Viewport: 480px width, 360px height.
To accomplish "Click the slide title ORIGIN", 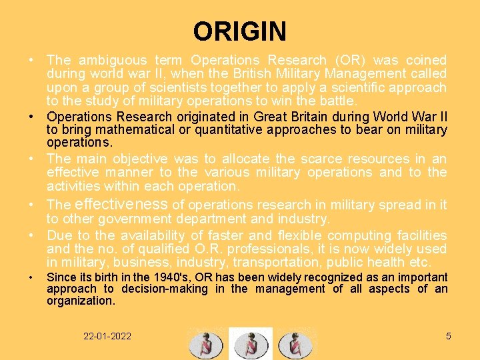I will pos(239,31).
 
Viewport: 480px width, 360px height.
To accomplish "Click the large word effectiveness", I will pos(122,204).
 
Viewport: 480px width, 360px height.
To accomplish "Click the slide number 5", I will pos(448,336).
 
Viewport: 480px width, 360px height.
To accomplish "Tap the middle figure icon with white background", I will pos(251,343).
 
